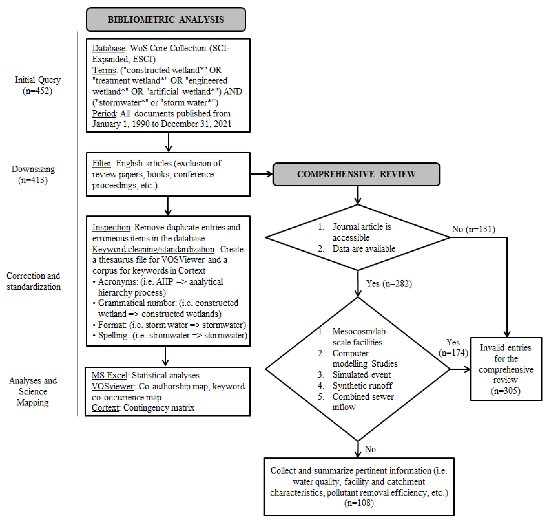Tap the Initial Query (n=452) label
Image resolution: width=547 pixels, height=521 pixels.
(37, 85)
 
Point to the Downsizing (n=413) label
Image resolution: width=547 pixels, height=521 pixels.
(33, 174)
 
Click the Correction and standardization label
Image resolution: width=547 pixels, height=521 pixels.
(33, 281)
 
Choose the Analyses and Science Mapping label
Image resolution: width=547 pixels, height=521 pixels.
(33, 391)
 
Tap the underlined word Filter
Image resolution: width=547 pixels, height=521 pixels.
(101, 163)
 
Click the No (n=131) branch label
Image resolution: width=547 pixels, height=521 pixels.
(473, 229)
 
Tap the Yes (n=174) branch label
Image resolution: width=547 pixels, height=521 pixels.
(453, 347)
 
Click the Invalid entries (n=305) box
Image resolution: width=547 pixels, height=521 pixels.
(506, 369)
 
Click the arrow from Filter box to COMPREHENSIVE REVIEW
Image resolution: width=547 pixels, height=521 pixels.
(261, 174)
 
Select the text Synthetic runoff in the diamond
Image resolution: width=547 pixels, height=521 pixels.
(362, 386)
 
